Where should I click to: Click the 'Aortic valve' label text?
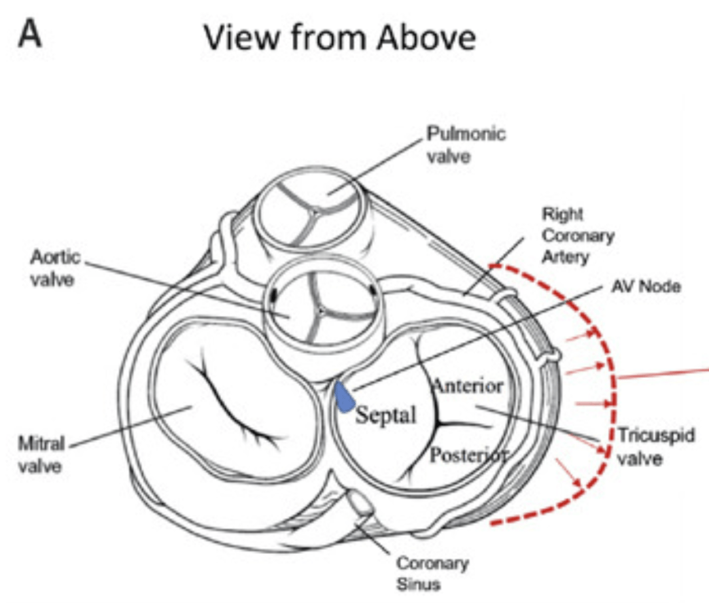(x=56, y=267)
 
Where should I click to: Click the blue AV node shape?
(x=343, y=397)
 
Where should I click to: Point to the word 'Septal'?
(x=386, y=415)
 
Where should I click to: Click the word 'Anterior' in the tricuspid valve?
(x=469, y=385)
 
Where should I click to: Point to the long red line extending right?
(x=661, y=373)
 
